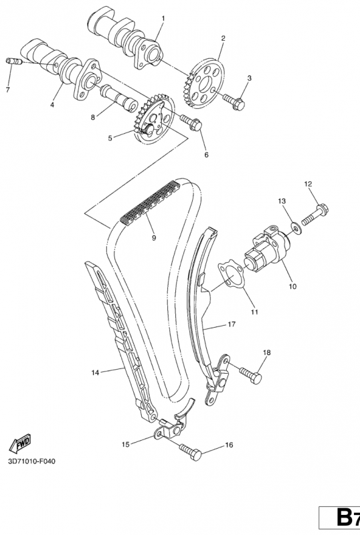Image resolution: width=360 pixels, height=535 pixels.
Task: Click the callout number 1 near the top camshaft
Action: click(x=163, y=18)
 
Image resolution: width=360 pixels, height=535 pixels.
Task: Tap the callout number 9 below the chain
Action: click(x=154, y=238)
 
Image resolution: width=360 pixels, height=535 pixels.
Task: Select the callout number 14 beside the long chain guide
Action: click(x=95, y=372)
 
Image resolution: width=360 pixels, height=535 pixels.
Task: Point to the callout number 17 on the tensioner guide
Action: click(x=232, y=324)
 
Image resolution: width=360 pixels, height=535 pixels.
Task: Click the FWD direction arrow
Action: click(x=20, y=443)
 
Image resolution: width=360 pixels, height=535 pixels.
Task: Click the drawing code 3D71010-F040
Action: click(x=31, y=461)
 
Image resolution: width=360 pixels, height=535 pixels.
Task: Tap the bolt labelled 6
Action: click(x=191, y=122)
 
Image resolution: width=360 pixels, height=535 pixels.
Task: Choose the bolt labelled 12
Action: click(x=314, y=214)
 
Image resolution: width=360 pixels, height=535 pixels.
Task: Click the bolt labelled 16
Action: click(x=191, y=452)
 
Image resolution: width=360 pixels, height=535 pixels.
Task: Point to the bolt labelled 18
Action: click(x=251, y=375)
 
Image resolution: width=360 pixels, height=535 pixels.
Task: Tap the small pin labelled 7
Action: click(x=14, y=62)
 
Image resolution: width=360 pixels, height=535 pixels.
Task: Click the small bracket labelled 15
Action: click(x=169, y=429)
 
